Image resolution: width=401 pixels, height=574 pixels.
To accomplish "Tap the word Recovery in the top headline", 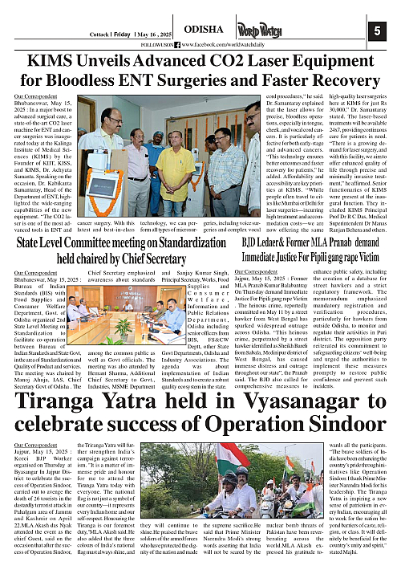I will point(333,83).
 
